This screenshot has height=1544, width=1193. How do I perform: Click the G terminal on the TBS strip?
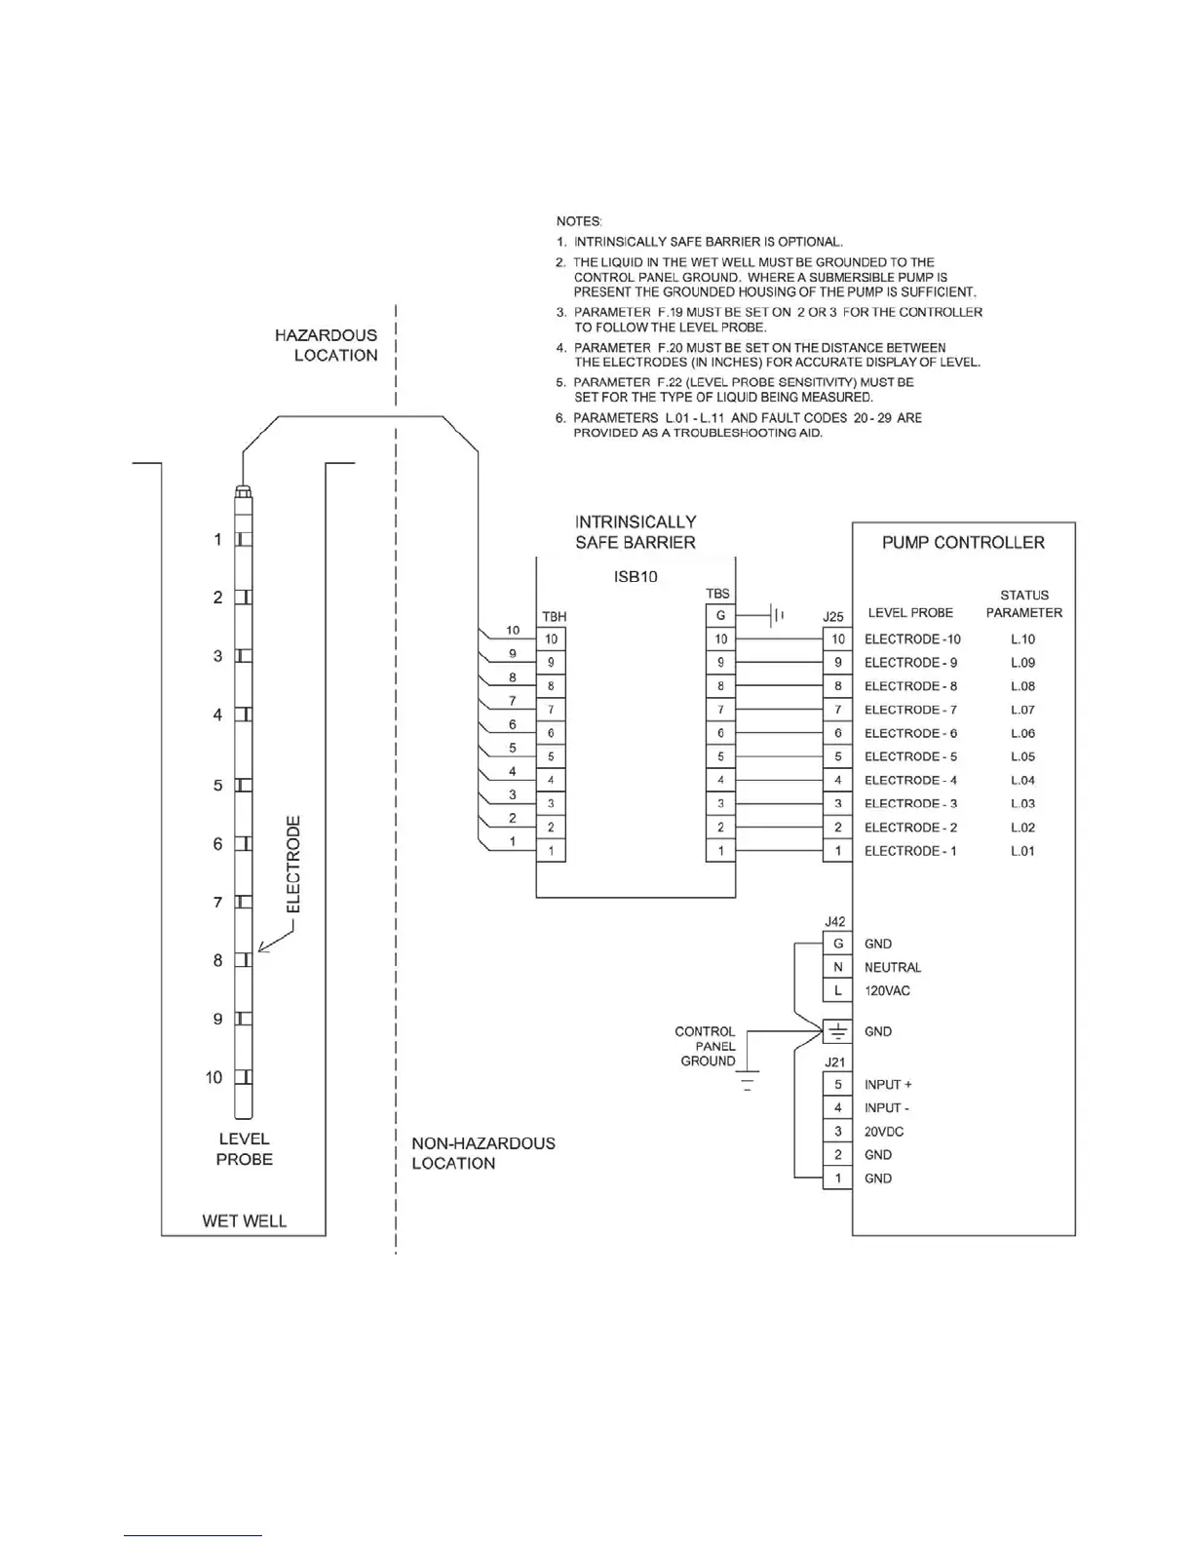pyautogui.click(x=720, y=616)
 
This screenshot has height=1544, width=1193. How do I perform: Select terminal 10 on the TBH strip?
pyautogui.click(x=551, y=639)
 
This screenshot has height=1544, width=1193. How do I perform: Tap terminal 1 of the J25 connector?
pyautogui.click(x=837, y=851)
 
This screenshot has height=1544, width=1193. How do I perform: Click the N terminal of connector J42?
pyautogui.click(x=837, y=967)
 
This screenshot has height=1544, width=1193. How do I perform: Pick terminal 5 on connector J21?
pyautogui.click(x=837, y=1084)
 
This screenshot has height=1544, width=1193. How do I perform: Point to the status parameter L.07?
pyautogui.click(x=1022, y=710)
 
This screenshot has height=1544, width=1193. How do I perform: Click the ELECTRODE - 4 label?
pyautogui.click(x=910, y=780)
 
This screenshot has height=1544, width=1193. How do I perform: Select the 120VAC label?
pyautogui.click(x=887, y=990)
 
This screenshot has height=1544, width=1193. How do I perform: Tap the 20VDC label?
pyautogui.click(x=883, y=1132)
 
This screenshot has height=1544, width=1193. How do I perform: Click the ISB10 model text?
pyautogui.click(x=635, y=576)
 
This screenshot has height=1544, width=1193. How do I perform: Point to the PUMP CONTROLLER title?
pyautogui.click(x=963, y=543)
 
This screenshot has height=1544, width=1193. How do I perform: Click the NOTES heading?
pyautogui.click(x=579, y=221)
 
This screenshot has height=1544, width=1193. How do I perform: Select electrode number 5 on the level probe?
pyautogui.click(x=243, y=785)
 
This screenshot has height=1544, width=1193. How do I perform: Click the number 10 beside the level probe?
pyautogui.click(x=214, y=1077)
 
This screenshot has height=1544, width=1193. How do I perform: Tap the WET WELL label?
pyautogui.click(x=244, y=1220)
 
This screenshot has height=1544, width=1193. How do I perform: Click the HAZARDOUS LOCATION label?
pyautogui.click(x=327, y=345)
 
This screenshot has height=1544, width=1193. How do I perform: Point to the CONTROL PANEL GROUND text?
pyautogui.click(x=707, y=1046)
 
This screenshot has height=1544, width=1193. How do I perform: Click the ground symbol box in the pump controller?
pyautogui.click(x=837, y=1031)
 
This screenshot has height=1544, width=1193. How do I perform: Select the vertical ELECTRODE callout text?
pyautogui.click(x=293, y=864)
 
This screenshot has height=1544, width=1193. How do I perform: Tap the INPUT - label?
pyautogui.click(x=887, y=1108)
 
